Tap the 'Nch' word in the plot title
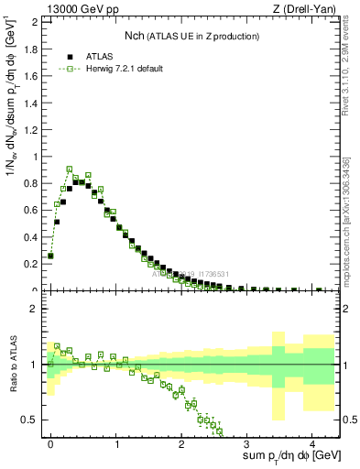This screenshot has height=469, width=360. coord(135,36)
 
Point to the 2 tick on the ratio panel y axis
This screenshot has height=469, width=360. coord(35,309)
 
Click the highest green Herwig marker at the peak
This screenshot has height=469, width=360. coord(70,169)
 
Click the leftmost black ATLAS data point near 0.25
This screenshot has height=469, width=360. coord(50,256)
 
